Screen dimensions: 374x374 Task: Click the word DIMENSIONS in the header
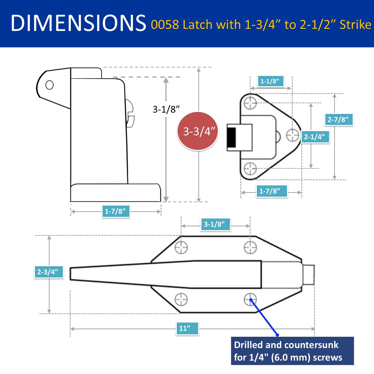click(78, 23)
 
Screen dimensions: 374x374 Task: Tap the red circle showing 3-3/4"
click(198, 131)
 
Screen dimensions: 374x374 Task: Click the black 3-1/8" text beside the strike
click(166, 109)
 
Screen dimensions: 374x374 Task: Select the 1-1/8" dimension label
click(270, 81)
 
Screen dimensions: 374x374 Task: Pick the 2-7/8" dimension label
click(339, 120)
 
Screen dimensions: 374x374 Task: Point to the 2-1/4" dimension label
click(315, 137)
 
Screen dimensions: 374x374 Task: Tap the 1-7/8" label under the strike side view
click(115, 211)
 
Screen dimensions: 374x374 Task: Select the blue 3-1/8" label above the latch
click(215, 224)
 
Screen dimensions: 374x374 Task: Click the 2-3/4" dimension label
click(48, 272)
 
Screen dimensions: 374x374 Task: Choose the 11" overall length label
click(187, 328)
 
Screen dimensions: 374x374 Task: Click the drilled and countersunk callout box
click(292, 351)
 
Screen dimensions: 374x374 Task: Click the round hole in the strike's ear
click(49, 85)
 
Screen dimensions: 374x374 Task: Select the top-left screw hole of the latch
click(181, 247)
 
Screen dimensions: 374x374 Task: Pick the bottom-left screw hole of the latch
click(181, 299)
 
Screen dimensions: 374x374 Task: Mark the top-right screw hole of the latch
click(250, 247)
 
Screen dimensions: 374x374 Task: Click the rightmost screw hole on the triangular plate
click(292, 135)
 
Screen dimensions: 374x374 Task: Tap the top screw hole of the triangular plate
click(250, 103)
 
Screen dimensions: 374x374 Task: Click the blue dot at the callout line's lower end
click(277, 335)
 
